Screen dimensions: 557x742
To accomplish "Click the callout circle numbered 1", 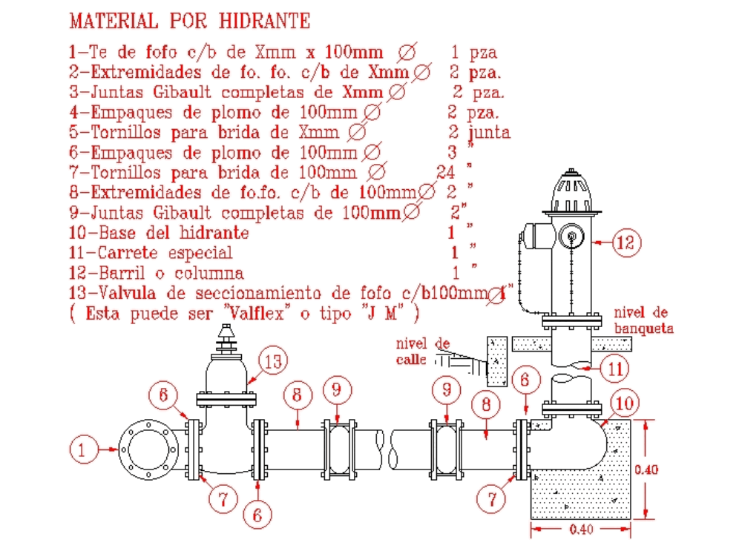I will [x=83, y=449].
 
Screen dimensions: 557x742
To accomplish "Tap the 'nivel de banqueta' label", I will [x=644, y=320].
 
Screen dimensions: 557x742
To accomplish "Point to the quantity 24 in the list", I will [x=446, y=172].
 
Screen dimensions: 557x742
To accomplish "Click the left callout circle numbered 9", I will [x=337, y=388].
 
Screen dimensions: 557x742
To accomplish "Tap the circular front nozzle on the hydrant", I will [x=572, y=237].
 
